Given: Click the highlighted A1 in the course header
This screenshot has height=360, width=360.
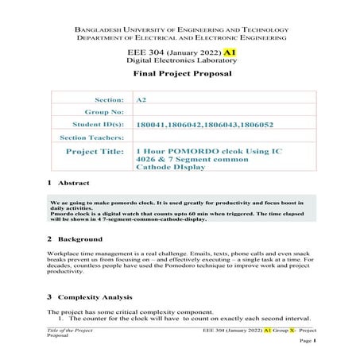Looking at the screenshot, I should pos(230,52).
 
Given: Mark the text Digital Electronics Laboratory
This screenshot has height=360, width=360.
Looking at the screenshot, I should pos(180,60).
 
